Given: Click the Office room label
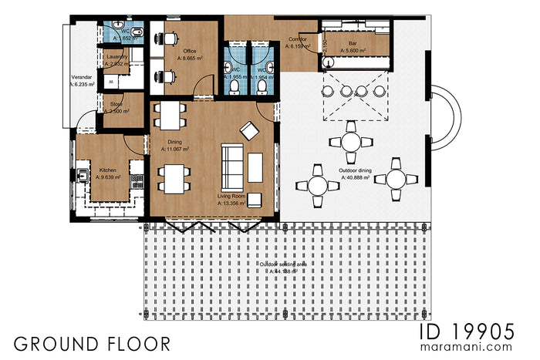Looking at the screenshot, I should click(188, 51).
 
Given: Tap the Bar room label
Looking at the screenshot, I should click(352, 44).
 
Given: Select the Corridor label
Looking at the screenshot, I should click(298, 39).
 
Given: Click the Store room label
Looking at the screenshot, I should click(116, 103).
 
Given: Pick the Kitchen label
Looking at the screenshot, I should click(107, 170).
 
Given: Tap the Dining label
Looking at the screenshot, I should click(174, 142).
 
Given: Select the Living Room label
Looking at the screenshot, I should click(232, 197).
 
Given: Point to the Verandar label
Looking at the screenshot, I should click(83, 77).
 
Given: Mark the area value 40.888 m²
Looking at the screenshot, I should click(356, 177).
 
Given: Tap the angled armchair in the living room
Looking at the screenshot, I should click(249, 131).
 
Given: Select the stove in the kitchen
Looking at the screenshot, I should click(137, 182).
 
